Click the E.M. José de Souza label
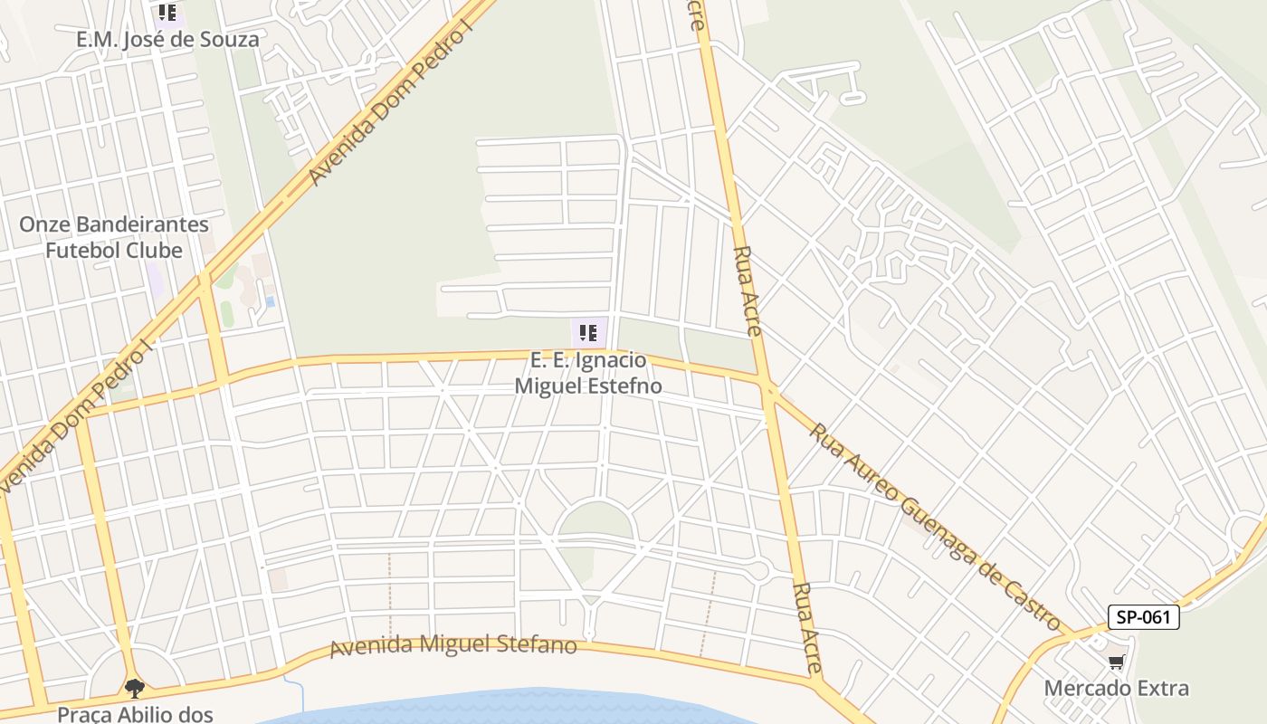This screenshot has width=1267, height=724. coord(167,40)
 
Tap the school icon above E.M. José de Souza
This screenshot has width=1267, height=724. coord(167,13)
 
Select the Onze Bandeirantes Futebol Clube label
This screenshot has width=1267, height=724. coord(114,237)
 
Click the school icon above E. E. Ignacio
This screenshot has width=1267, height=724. coord(588,333)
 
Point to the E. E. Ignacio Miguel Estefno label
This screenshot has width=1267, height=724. coord(588,373)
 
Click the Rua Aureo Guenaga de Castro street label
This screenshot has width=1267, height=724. coord(935,527)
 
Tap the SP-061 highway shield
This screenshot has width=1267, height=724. coord(1144,618)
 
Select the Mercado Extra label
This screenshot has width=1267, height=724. coord(1116,688)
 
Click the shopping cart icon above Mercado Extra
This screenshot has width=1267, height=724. coord(1117,662)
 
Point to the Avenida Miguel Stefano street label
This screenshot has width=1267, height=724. coord(452,645)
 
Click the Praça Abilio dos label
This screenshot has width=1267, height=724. coord(135,714)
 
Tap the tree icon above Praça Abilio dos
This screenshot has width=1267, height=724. coord(135,689)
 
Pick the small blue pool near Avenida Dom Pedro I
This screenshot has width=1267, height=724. coord(270,300)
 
